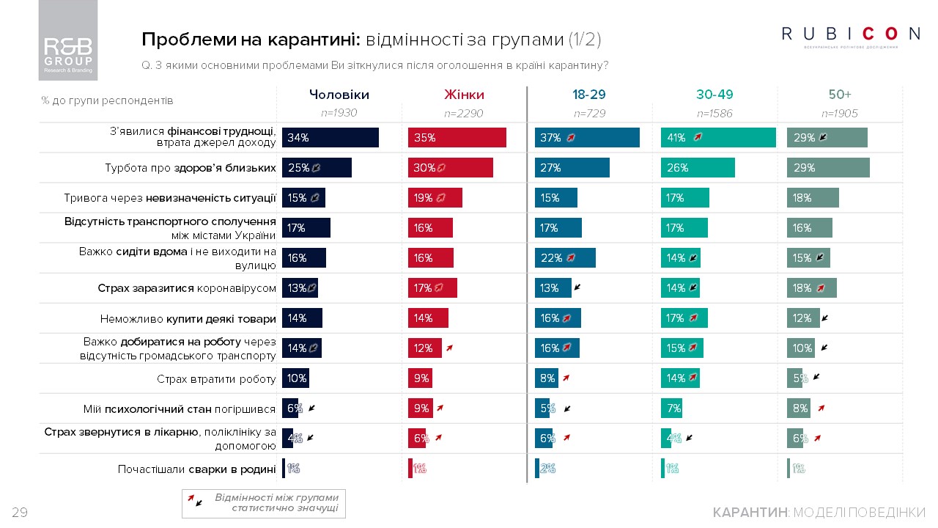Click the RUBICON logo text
[850, 34]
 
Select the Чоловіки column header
[339, 95]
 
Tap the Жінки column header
[464, 95]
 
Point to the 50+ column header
[840, 95]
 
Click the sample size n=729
[590, 114]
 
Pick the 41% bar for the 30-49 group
[718, 137]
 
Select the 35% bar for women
[457, 137]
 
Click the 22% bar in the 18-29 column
[564, 258]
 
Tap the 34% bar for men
[330, 137]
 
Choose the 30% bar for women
[450, 168]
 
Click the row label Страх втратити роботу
[216, 379]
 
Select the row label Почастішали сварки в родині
[196, 469]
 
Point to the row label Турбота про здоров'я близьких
[191, 168]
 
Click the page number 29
[20, 513]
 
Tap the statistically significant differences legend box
[264, 503]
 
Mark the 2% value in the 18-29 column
[547, 469]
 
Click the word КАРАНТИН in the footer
[749, 512]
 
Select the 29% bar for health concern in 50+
[828, 168]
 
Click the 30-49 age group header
[714, 95]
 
